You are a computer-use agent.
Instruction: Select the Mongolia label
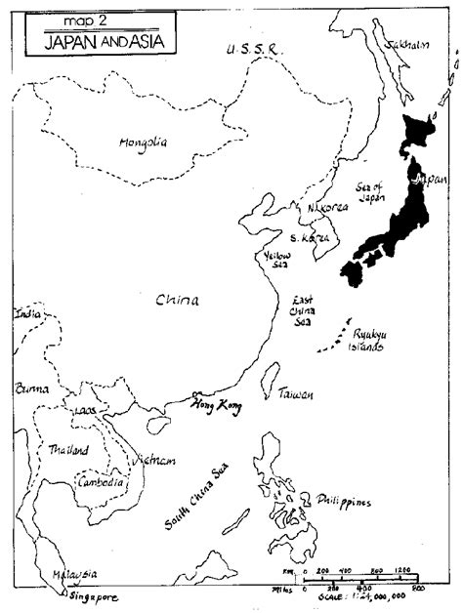pos(143,143)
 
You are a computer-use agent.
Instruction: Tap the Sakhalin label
pos(407,44)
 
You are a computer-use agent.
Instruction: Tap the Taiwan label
pos(295,394)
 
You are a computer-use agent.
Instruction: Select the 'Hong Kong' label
pos(214,403)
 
